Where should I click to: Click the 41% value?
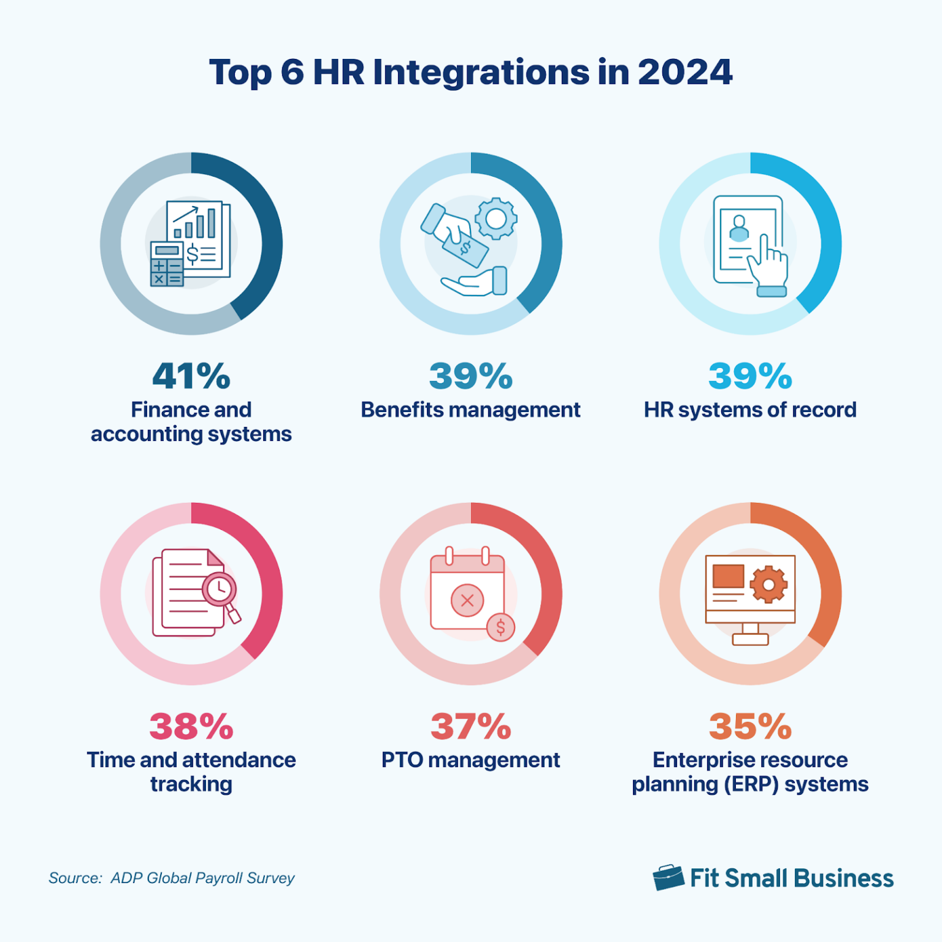[191, 376]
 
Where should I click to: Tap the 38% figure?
[191, 726]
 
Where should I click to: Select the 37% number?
[470, 726]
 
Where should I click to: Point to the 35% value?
[750, 726]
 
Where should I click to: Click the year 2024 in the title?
[684, 72]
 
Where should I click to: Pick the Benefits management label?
[470, 410]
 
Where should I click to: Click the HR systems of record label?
[750, 410]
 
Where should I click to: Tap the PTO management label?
[470, 760]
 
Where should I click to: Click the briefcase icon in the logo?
[668, 878]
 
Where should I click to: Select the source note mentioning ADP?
[172, 878]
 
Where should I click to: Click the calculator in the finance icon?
[167, 264]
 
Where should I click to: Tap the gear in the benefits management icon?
[496, 218]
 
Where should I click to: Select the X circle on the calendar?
[467, 600]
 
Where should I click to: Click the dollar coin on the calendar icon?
[500, 627]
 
